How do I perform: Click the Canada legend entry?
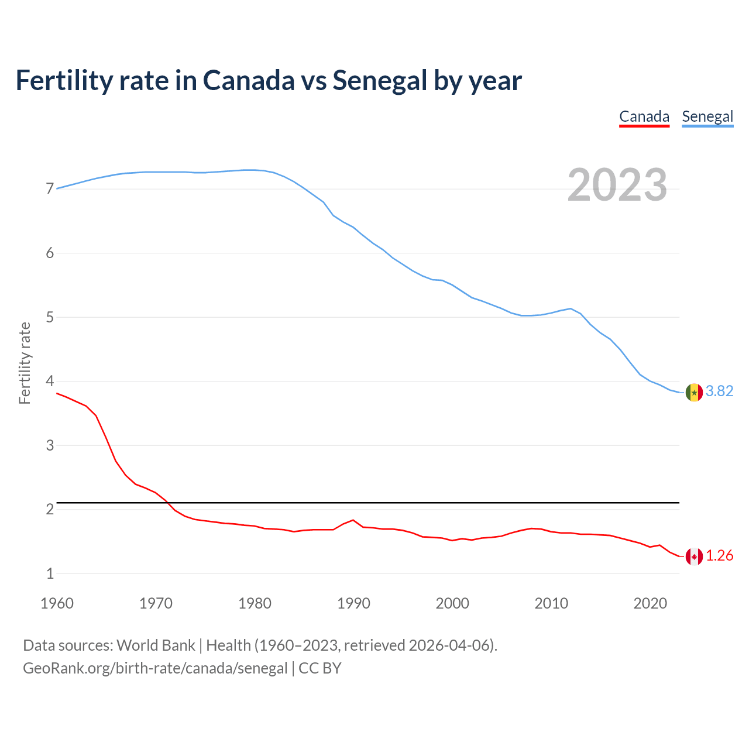(x=644, y=116)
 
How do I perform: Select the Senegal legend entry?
(x=707, y=116)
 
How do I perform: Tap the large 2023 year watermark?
(x=617, y=185)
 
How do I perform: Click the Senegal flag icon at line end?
(x=694, y=392)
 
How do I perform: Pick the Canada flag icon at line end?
(x=694, y=556)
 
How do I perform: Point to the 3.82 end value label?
(x=719, y=391)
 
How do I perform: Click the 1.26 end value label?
(x=719, y=556)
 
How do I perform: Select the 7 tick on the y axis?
(x=50, y=189)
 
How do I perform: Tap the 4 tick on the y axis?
(x=50, y=382)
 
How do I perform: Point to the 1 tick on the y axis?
(x=50, y=574)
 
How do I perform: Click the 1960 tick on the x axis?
(x=57, y=603)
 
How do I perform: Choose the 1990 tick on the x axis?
(x=353, y=603)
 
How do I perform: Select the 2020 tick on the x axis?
(x=650, y=603)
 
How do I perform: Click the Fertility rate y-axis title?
(x=25, y=363)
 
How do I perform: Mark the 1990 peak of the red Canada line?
(x=353, y=520)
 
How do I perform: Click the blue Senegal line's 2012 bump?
(x=571, y=308)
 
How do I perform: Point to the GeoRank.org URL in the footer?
(x=155, y=668)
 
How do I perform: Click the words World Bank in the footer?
(x=156, y=645)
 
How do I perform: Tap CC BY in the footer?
(x=320, y=668)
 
